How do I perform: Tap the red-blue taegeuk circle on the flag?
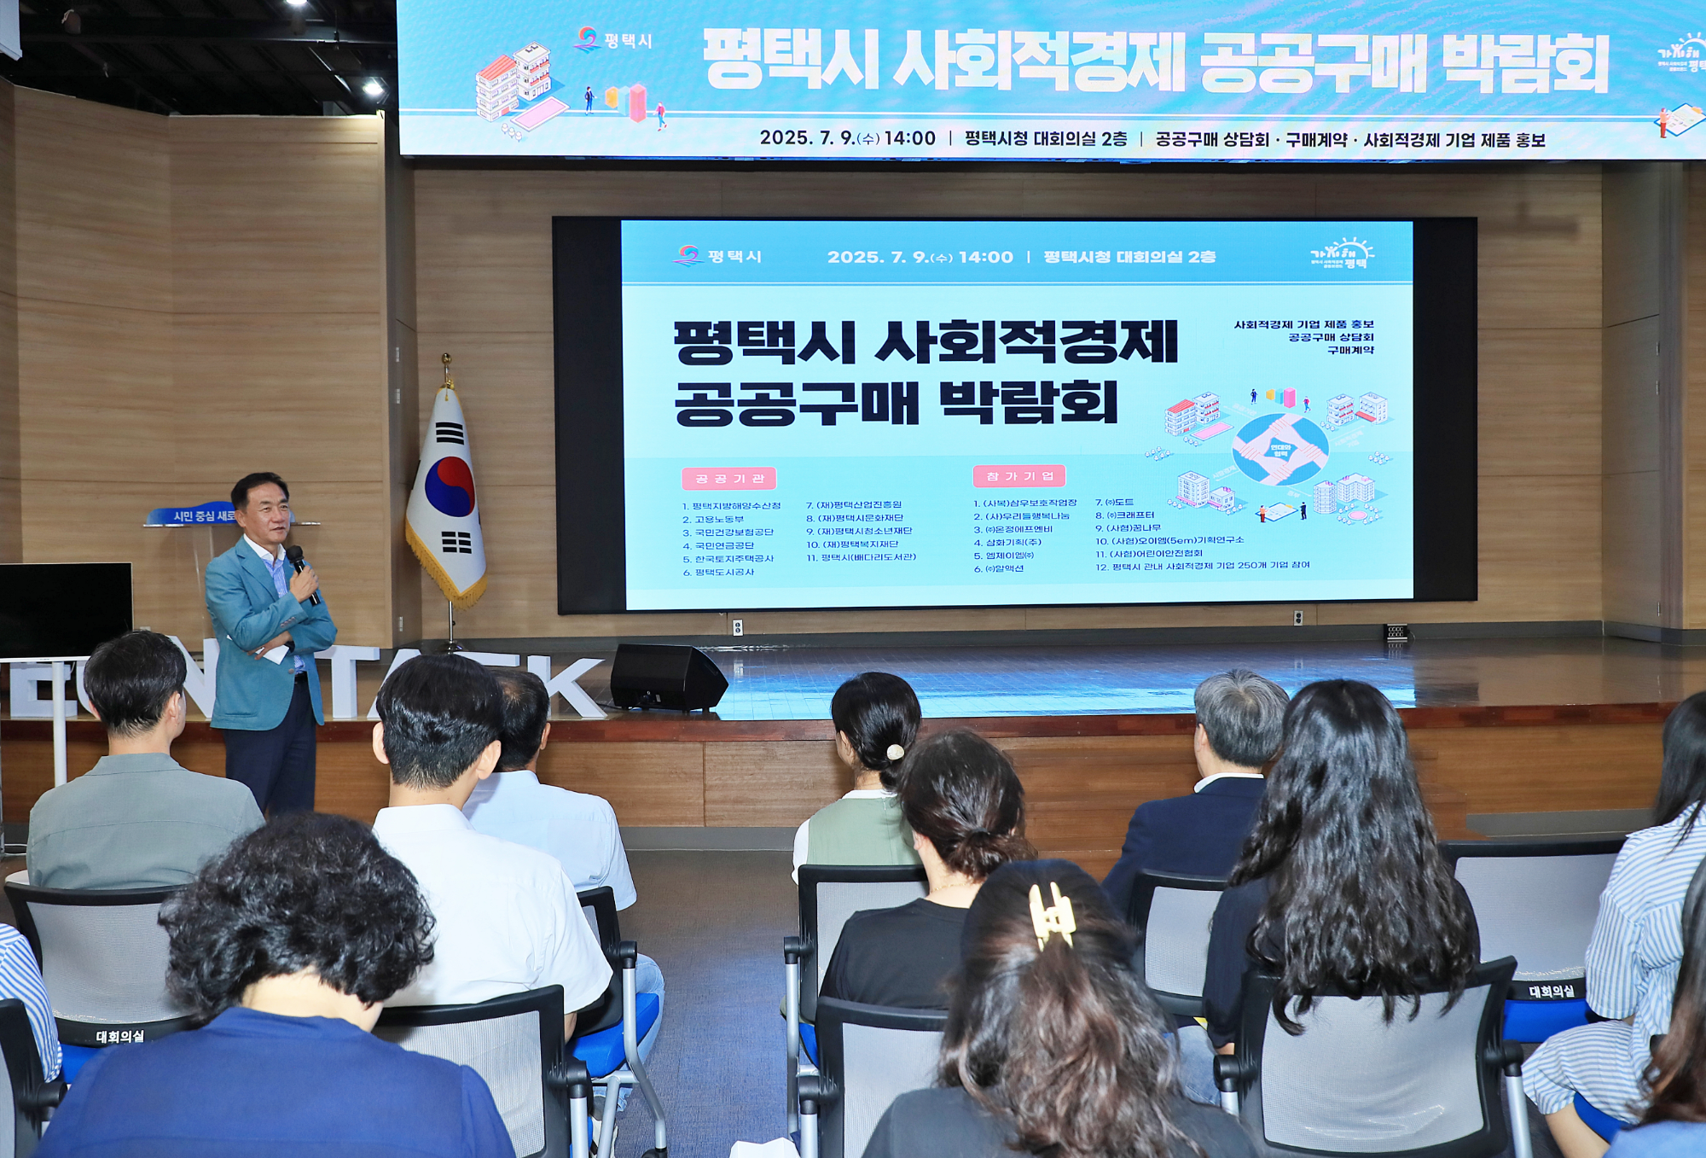tap(450, 486)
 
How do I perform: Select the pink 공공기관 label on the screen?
tap(728, 479)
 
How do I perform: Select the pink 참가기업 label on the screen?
tap(1018, 475)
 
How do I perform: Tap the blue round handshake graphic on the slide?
tap(1279, 449)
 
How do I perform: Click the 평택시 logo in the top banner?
tap(613, 40)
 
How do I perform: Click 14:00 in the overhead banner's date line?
tap(909, 138)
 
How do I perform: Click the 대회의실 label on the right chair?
tap(1551, 991)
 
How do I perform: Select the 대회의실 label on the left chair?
tap(119, 1036)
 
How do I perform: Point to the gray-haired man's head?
tap(1240, 717)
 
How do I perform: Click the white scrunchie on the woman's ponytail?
tap(894, 752)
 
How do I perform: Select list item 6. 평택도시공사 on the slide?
tap(718, 572)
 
